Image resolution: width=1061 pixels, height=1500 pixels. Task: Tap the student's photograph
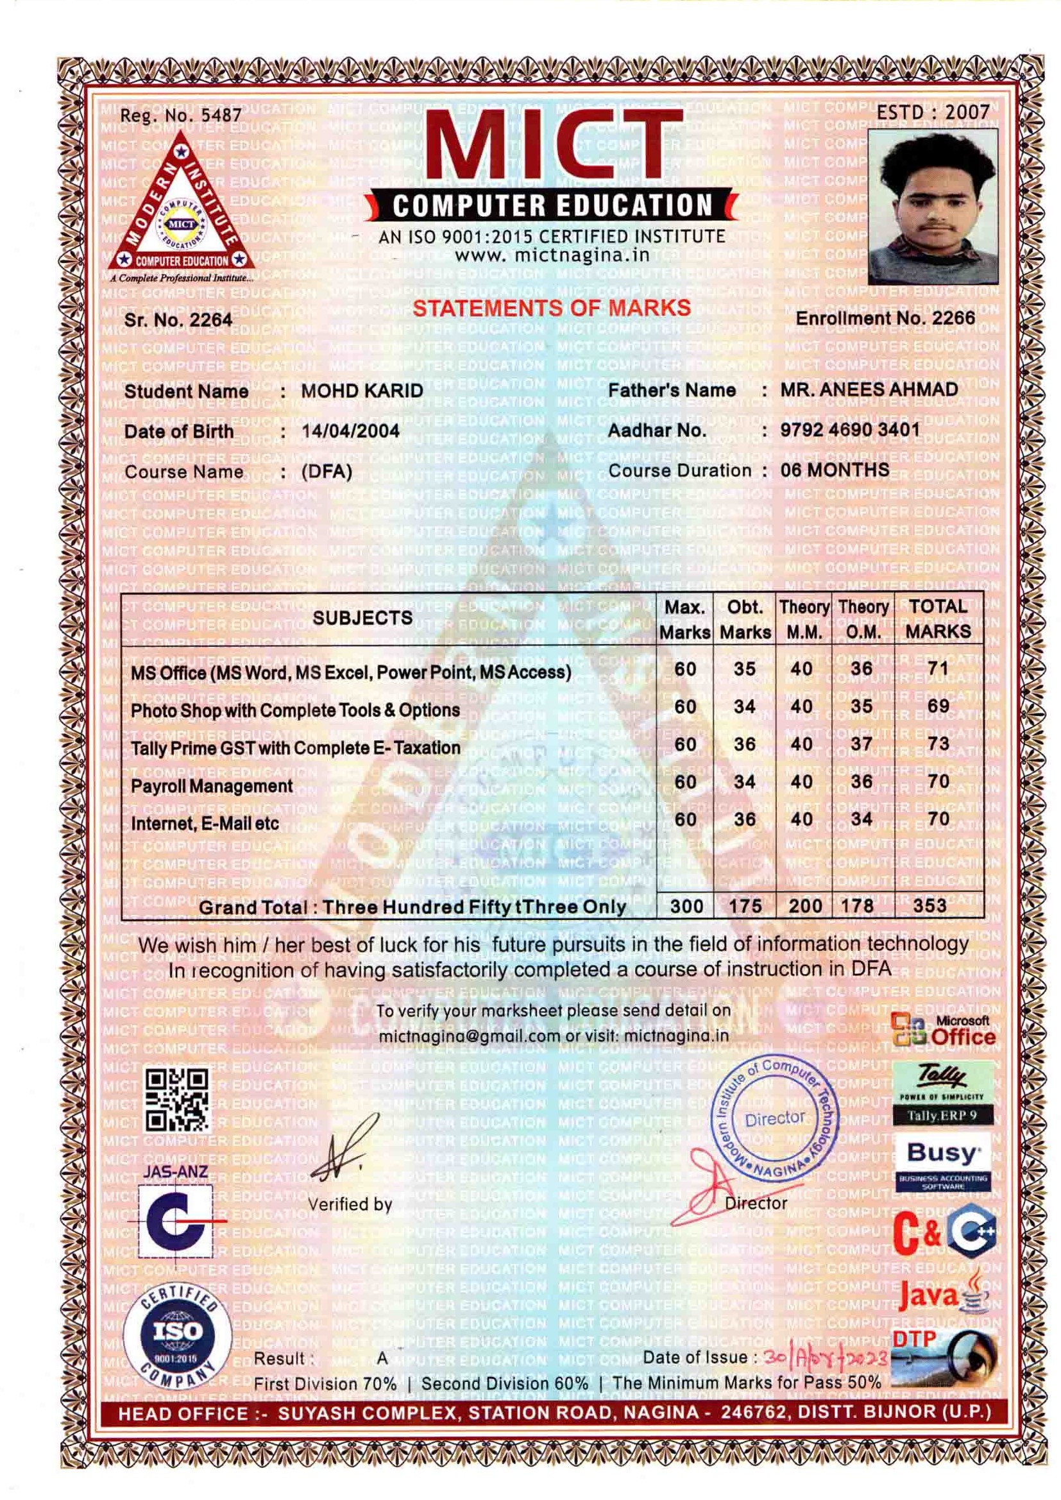[x=932, y=206]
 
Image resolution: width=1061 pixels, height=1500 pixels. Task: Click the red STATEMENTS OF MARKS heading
[x=552, y=308]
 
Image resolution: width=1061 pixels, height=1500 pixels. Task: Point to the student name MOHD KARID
[x=362, y=391]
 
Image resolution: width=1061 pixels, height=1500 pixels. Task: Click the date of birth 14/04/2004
[x=350, y=431]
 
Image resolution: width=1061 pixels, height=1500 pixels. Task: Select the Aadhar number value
[x=849, y=430]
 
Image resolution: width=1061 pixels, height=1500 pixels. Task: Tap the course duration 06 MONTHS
[x=835, y=470]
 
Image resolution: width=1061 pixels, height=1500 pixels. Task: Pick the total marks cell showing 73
[x=938, y=744]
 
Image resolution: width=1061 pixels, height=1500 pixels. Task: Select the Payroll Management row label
[x=212, y=786]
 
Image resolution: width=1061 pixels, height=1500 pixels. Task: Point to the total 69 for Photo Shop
[x=938, y=706]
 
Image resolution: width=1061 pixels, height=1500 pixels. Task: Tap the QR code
[x=177, y=1101]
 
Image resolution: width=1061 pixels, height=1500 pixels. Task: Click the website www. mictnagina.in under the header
[x=552, y=255]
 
